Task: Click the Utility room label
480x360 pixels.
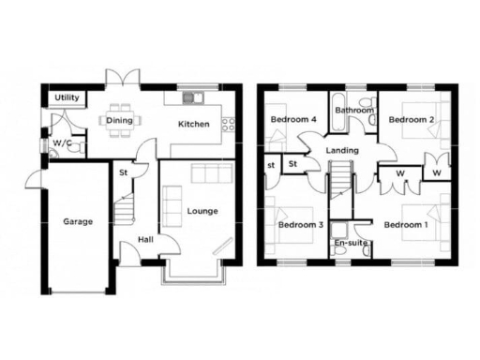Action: pos(66,97)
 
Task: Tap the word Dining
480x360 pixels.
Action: pos(119,120)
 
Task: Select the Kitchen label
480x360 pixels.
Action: pos(194,124)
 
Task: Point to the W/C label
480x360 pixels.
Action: pos(62,143)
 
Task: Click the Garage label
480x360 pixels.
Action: pos(78,222)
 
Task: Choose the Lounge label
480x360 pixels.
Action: pos(202,211)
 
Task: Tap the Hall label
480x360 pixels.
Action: pos(146,240)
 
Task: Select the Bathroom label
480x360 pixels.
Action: pos(355,111)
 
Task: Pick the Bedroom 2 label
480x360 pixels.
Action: pos(411,120)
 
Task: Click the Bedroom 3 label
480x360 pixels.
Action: pos(300,225)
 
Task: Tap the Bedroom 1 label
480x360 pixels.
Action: pos(405,225)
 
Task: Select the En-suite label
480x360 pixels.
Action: pos(352,245)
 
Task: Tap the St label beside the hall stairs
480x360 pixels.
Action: pos(123,172)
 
